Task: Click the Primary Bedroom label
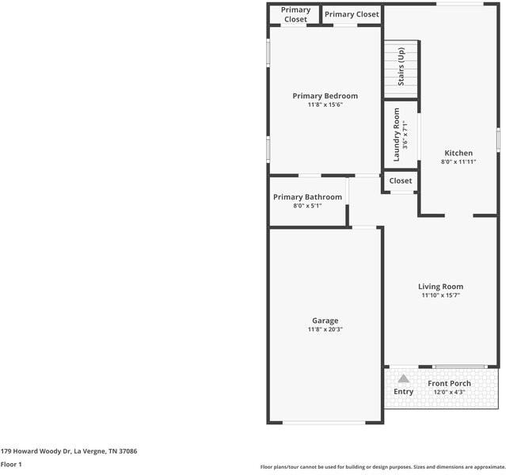(x=325, y=96)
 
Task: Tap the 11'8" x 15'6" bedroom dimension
(x=325, y=104)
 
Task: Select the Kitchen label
(x=458, y=153)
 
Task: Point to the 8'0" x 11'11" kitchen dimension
(x=458, y=161)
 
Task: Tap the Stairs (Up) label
(x=401, y=67)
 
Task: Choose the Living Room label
(x=440, y=287)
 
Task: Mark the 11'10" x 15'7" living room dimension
(x=440, y=295)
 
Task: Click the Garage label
(x=325, y=321)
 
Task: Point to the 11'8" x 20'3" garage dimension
(x=325, y=329)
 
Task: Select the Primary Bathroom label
(x=307, y=197)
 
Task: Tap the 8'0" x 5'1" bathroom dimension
(x=307, y=206)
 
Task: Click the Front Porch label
(x=449, y=383)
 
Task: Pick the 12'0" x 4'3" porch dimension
(x=449, y=392)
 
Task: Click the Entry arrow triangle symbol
(x=404, y=378)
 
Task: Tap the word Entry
(x=404, y=392)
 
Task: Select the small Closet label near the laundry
(x=401, y=180)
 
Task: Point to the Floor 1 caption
(x=11, y=464)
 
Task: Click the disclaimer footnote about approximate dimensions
(x=382, y=466)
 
